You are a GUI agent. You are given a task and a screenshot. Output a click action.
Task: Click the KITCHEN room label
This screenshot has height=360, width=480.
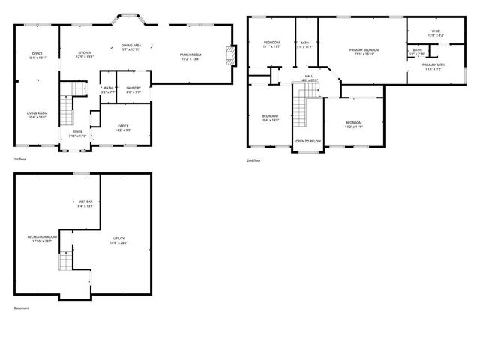pos(85,53)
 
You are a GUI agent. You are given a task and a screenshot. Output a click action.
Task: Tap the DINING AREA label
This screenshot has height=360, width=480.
pos(132,46)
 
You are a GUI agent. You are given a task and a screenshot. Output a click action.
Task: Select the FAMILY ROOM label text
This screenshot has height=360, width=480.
pos(190,55)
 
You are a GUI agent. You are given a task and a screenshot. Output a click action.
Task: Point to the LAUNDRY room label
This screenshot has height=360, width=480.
pos(133,88)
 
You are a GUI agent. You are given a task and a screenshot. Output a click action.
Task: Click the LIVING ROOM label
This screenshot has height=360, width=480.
pos(37,113)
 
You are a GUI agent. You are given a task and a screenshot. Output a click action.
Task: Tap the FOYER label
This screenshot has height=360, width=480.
pos(77,132)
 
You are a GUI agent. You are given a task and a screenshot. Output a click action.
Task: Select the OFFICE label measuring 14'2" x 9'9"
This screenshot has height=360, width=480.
pos(123,126)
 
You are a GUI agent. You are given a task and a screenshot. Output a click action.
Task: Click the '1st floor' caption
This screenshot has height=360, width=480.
pos(19,160)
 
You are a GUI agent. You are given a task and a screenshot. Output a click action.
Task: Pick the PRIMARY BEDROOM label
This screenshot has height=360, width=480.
pos(364,50)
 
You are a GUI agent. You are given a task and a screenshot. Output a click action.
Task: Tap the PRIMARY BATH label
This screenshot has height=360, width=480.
pos(433,64)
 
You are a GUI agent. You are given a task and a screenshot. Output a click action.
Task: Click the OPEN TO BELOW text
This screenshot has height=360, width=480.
pos(307,141)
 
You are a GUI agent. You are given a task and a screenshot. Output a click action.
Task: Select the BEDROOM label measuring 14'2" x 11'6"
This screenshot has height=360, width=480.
pos(353,123)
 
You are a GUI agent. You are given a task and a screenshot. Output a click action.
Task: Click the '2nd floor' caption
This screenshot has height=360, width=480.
pos(254,160)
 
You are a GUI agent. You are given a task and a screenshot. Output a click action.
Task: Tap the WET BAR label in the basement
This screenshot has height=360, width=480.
pos(85,202)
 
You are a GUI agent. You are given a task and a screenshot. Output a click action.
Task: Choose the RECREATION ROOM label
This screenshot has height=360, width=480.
pos(42,239)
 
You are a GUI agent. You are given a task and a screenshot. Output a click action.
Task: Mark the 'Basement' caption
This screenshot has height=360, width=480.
pos(21,307)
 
